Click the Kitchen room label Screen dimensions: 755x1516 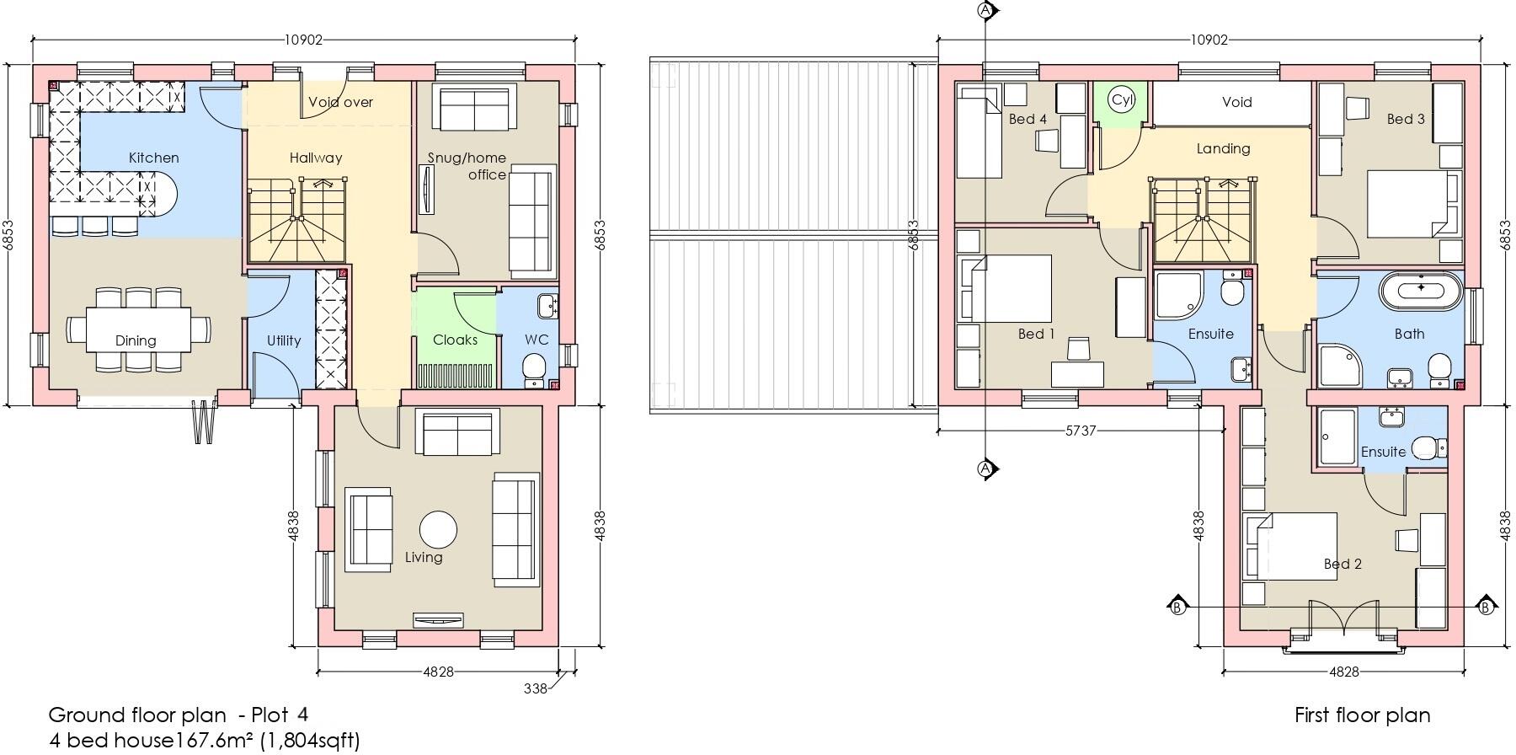153,158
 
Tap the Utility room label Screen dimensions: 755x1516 283,340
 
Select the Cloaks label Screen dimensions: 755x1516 455,340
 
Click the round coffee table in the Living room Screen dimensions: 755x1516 438,530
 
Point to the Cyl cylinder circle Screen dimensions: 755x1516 1122,99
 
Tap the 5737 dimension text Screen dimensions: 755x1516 1081,431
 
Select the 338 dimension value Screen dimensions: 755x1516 535,688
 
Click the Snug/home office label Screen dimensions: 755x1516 467,166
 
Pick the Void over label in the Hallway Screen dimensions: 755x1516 340,102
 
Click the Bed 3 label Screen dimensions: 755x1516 1406,119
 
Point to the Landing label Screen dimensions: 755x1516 1223,148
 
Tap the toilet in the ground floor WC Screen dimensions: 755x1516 534,367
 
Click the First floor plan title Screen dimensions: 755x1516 1362,715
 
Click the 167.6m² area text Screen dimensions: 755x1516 213,740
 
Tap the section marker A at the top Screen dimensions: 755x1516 985,10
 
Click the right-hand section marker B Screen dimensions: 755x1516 1485,607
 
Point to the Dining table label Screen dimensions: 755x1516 136,340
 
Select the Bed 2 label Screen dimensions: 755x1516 1342,564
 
